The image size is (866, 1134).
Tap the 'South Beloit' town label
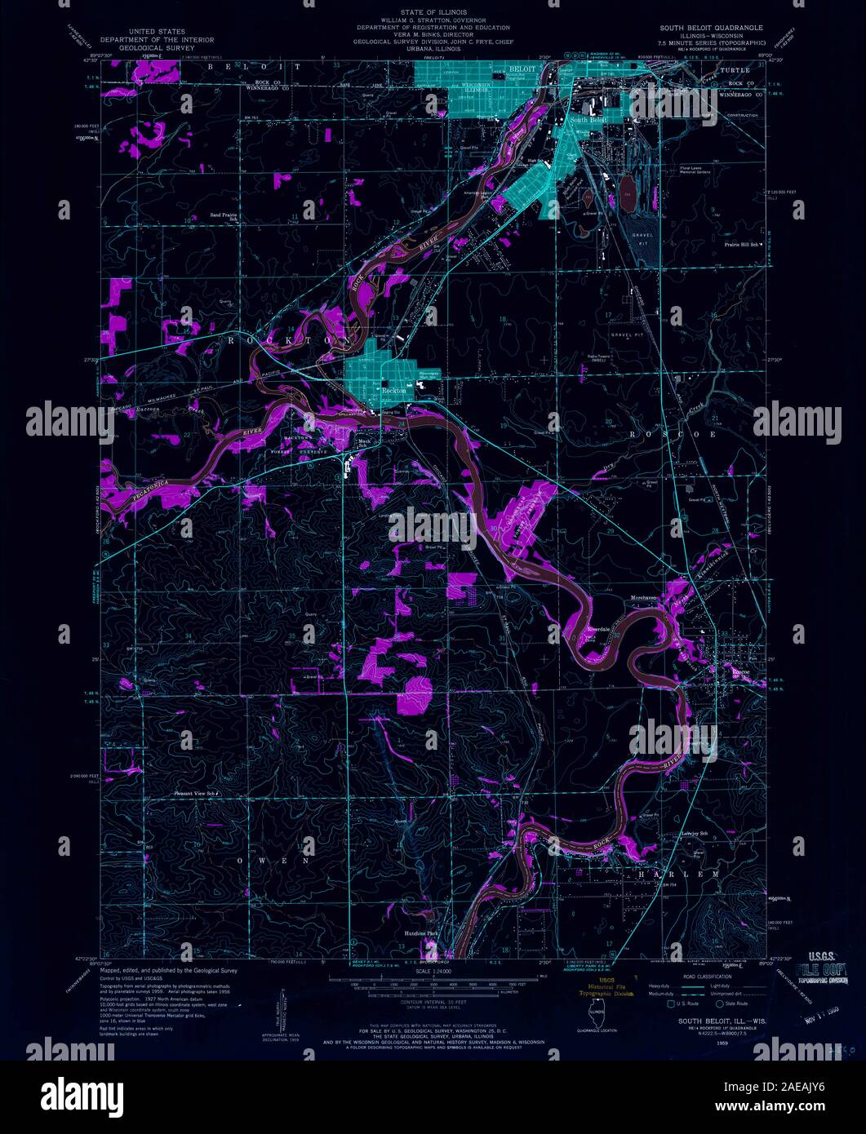click(x=589, y=119)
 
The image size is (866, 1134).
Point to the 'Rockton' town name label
click(x=394, y=391)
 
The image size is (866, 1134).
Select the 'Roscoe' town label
click(x=740, y=671)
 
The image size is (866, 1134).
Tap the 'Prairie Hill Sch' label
click(x=742, y=244)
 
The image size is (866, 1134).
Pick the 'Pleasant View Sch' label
click(x=196, y=792)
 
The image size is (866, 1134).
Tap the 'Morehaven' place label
click(x=644, y=598)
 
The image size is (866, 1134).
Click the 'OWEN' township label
click(x=273, y=860)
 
